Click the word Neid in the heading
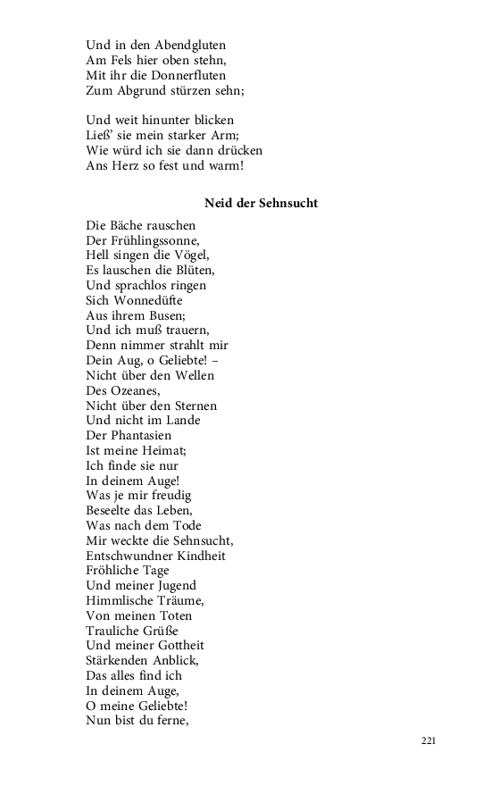coord(218,203)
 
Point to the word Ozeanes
coord(134,390)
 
